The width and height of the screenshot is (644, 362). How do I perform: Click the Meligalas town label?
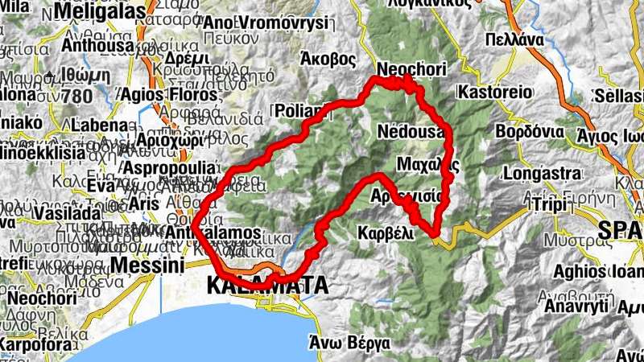pyautogui.click(x=101, y=12)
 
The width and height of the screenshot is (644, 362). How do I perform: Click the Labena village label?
pyautogui.click(x=99, y=125)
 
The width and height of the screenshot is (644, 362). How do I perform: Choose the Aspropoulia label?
pyautogui.click(x=171, y=167)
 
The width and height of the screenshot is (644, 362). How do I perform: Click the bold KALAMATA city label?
pyautogui.click(x=267, y=286)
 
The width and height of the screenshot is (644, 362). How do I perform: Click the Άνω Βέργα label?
pyautogui.click(x=349, y=342)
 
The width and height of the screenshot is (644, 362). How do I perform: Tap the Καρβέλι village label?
pyautogui.click(x=385, y=233)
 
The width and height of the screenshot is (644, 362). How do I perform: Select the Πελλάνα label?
pyautogui.click(x=515, y=39)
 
